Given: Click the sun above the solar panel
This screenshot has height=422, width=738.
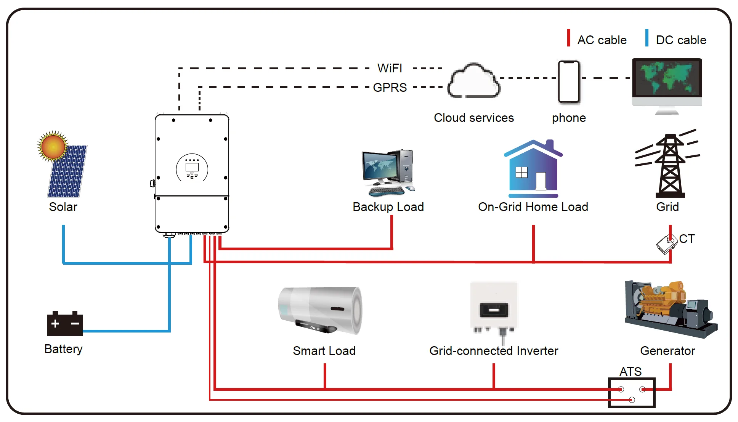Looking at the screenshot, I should pyautogui.click(x=53, y=146).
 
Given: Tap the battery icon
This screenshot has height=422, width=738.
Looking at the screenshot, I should pyautogui.click(x=65, y=324).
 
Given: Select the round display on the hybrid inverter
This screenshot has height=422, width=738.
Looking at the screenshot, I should pyautogui.click(x=192, y=168).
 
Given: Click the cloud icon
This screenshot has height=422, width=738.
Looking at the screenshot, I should pyautogui.click(x=474, y=81).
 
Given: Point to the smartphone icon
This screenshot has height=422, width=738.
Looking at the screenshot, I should pyautogui.click(x=569, y=82).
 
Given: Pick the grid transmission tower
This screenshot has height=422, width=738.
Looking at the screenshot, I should pyautogui.click(x=670, y=166).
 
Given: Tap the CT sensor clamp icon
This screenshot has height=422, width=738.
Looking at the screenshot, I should pyautogui.click(x=666, y=244).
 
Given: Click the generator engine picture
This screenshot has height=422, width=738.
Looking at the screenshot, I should pyautogui.click(x=670, y=309).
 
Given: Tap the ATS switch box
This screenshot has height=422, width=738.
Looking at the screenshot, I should pyautogui.click(x=631, y=393).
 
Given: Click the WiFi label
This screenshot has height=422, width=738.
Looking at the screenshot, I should pyautogui.click(x=390, y=68).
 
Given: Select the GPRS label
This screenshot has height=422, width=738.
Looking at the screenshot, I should pyautogui.click(x=390, y=88).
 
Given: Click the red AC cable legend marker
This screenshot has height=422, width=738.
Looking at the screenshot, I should pyautogui.click(x=568, y=38).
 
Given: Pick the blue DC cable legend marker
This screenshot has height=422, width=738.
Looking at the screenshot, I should pyautogui.click(x=647, y=38).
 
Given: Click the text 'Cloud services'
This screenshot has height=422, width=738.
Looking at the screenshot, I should pyautogui.click(x=473, y=118).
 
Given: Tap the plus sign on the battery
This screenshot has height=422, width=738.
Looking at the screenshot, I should pyautogui.click(x=55, y=324).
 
